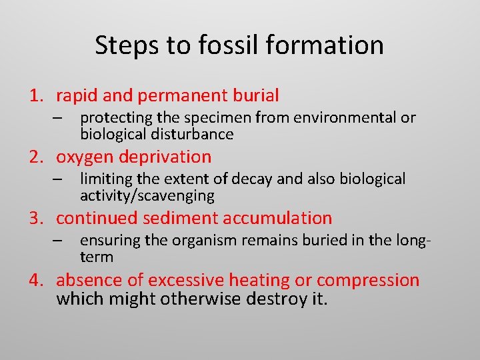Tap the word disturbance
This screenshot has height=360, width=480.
tap(196, 134)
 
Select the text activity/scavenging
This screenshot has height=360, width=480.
tap(147, 195)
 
